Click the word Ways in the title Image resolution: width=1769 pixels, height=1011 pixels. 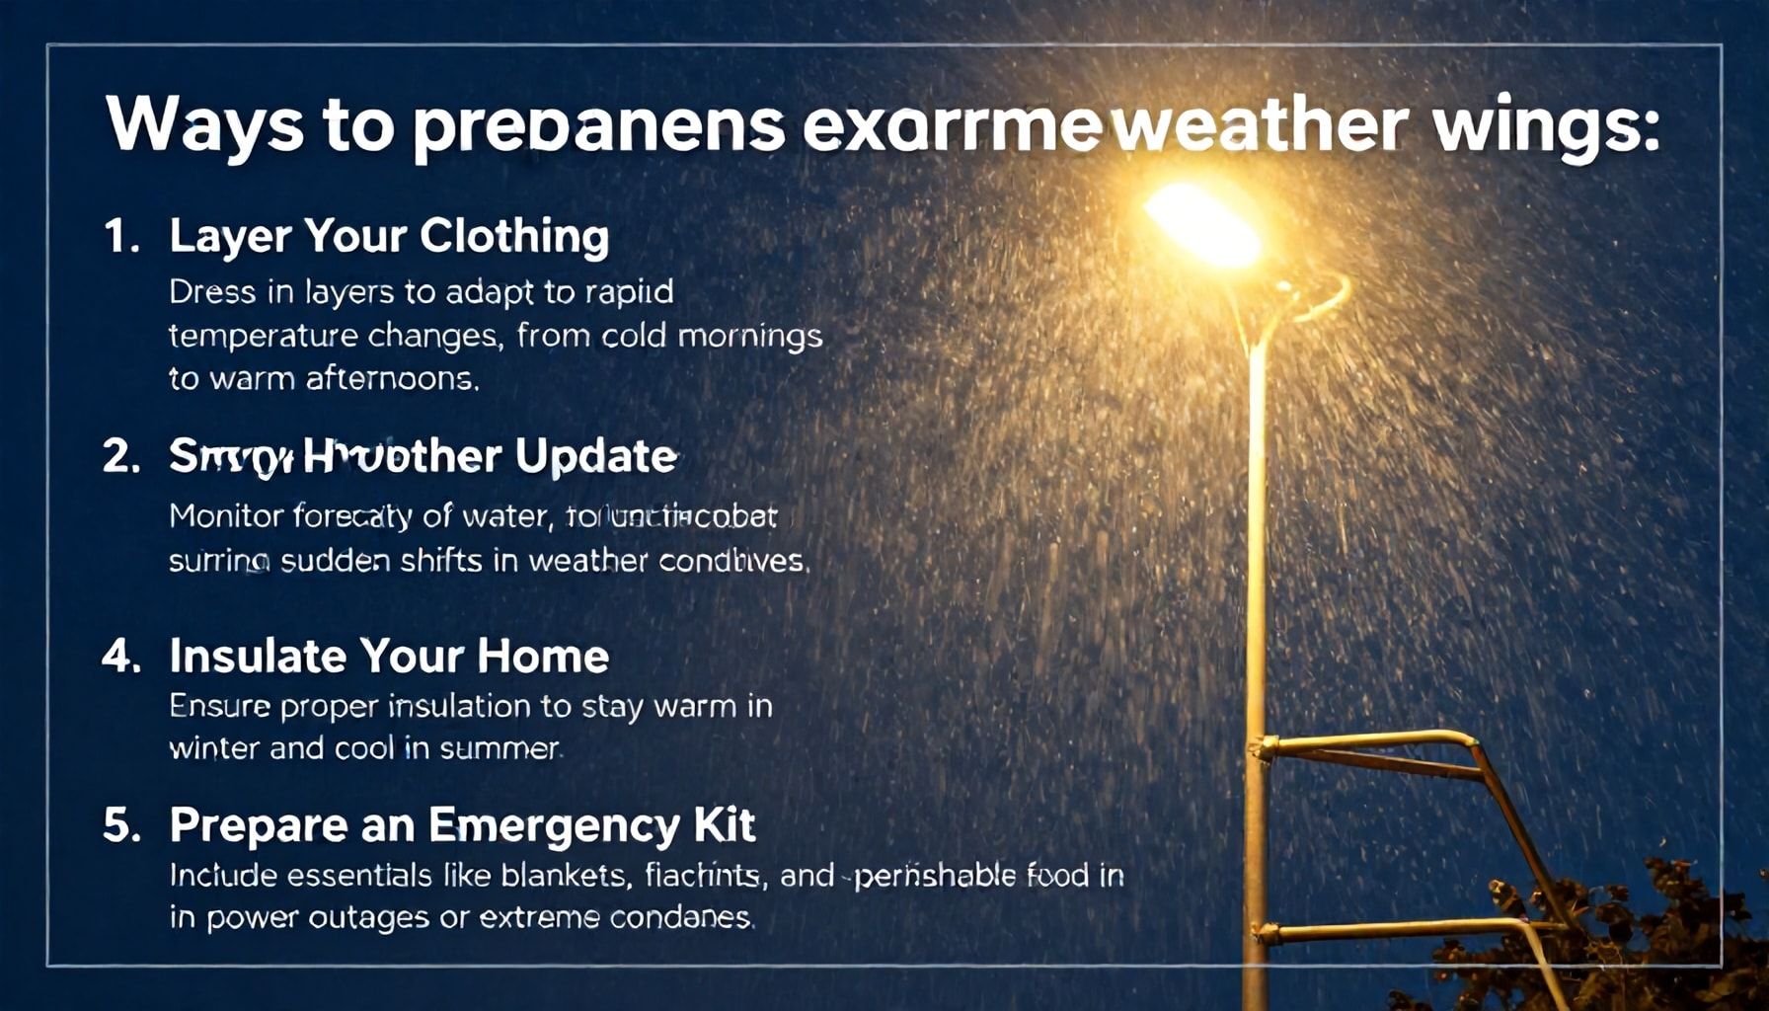tap(203, 124)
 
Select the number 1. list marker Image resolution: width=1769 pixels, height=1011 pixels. tap(121, 237)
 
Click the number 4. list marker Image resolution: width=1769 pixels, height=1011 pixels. tap(121, 657)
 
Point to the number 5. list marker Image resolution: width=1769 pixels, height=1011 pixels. tap(121, 825)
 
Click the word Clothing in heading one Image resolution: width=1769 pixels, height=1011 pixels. tap(513, 237)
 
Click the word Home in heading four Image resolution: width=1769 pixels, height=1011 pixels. tap(543, 657)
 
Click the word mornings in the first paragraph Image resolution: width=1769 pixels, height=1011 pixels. tap(750, 337)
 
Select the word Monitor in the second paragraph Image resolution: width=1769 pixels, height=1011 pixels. tap(226, 516)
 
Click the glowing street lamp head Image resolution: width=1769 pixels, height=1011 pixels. tap(1202, 225)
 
